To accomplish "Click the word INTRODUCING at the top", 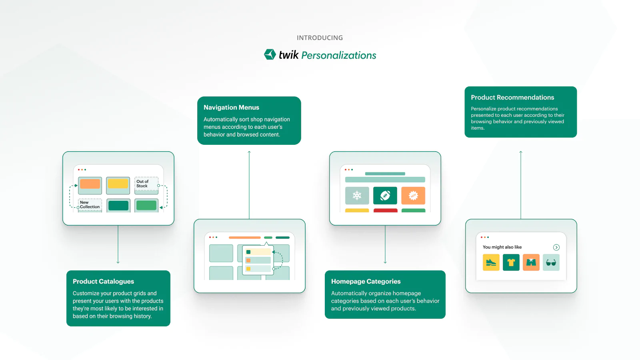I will (320, 38).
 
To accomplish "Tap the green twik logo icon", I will (270, 54).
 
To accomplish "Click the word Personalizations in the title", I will (338, 55).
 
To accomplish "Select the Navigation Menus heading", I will (231, 107).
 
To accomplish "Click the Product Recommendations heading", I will (512, 97).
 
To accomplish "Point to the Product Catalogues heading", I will (103, 281).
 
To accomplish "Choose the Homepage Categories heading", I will (366, 281).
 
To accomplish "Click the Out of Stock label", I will (143, 184).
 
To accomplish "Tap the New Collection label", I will (89, 205).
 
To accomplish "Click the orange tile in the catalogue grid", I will (90, 184).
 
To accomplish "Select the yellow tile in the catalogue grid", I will (118, 184).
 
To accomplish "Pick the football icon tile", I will (385, 196).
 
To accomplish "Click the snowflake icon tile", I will (357, 196).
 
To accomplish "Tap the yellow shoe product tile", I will (491, 262).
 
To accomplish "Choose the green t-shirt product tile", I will (511, 262).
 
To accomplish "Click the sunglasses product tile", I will (551, 262).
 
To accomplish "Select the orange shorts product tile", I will (531, 262).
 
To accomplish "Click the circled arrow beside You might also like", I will (556, 247).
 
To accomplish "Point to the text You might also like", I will (502, 247).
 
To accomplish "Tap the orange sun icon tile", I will (413, 196).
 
